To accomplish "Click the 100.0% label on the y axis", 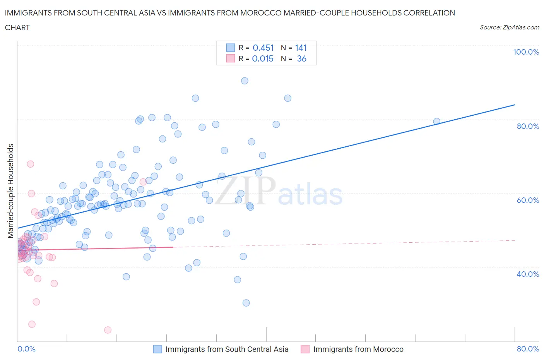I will [x=526, y=52].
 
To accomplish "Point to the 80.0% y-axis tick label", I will [x=528, y=126].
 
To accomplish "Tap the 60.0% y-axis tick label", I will [x=528, y=200].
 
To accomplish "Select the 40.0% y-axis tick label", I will [x=528, y=274].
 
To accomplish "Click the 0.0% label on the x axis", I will [x=26, y=349].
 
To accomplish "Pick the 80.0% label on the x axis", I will [x=528, y=349].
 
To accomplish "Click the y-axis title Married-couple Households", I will [x=11, y=191].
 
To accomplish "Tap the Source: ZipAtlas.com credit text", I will [x=509, y=27].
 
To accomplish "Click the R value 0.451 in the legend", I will [x=263, y=48].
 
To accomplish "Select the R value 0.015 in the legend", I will [x=263, y=58].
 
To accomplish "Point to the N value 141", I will [x=301, y=48].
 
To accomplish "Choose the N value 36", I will [x=301, y=58].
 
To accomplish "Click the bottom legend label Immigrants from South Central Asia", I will [x=227, y=349].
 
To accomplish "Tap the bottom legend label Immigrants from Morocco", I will [x=358, y=349].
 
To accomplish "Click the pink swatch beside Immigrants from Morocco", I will [x=305, y=349].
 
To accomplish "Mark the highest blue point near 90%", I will [x=245, y=81].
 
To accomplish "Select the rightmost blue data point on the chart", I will [x=436, y=122].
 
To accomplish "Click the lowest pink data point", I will [x=108, y=330].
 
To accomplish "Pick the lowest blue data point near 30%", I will [x=246, y=303].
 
